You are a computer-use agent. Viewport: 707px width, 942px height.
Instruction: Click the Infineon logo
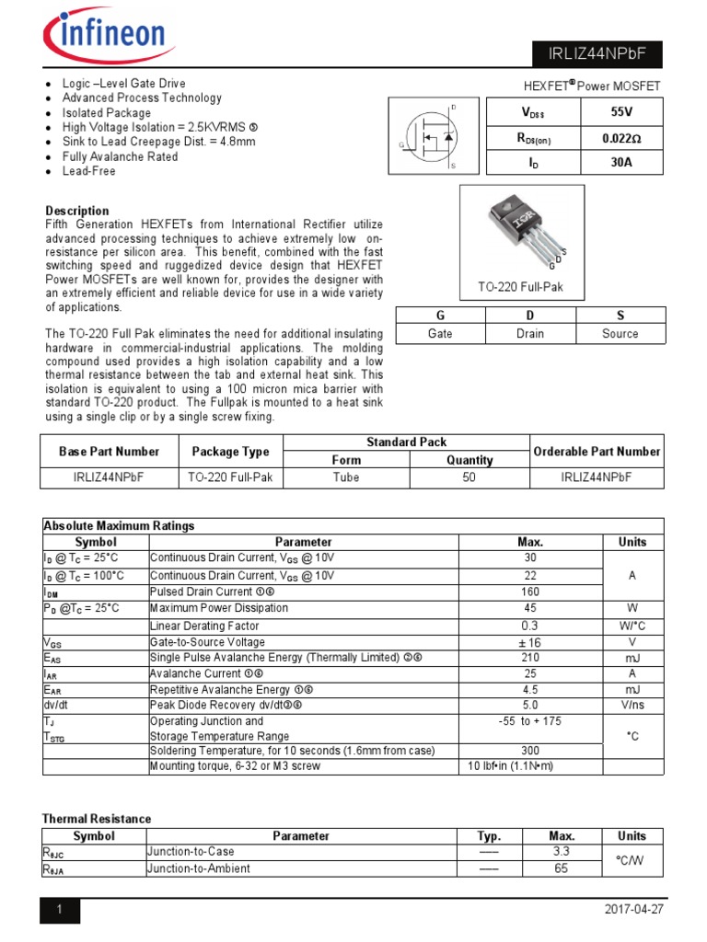[x=105, y=36]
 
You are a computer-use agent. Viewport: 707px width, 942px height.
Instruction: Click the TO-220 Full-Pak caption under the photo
[x=520, y=287]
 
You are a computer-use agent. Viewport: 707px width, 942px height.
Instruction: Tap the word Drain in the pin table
[x=529, y=334]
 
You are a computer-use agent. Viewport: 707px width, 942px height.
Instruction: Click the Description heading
[x=77, y=211]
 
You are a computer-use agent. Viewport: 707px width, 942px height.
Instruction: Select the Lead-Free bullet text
[x=89, y=171]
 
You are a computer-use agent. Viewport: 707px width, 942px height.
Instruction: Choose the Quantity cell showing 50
[x=469, y=477]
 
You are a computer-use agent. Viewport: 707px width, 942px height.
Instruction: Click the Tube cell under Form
[x=346, y=477]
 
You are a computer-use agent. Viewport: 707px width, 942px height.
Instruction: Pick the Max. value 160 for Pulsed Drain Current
[x=529, y=592]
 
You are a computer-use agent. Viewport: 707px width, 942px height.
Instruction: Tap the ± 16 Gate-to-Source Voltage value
[x=529, y=642]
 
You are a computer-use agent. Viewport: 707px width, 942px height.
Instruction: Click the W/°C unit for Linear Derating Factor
[x=632, y=626]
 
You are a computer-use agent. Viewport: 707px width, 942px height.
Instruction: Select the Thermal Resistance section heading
[x=97, y=819]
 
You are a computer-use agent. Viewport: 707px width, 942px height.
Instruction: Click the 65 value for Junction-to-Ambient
[x=562, y=867]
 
